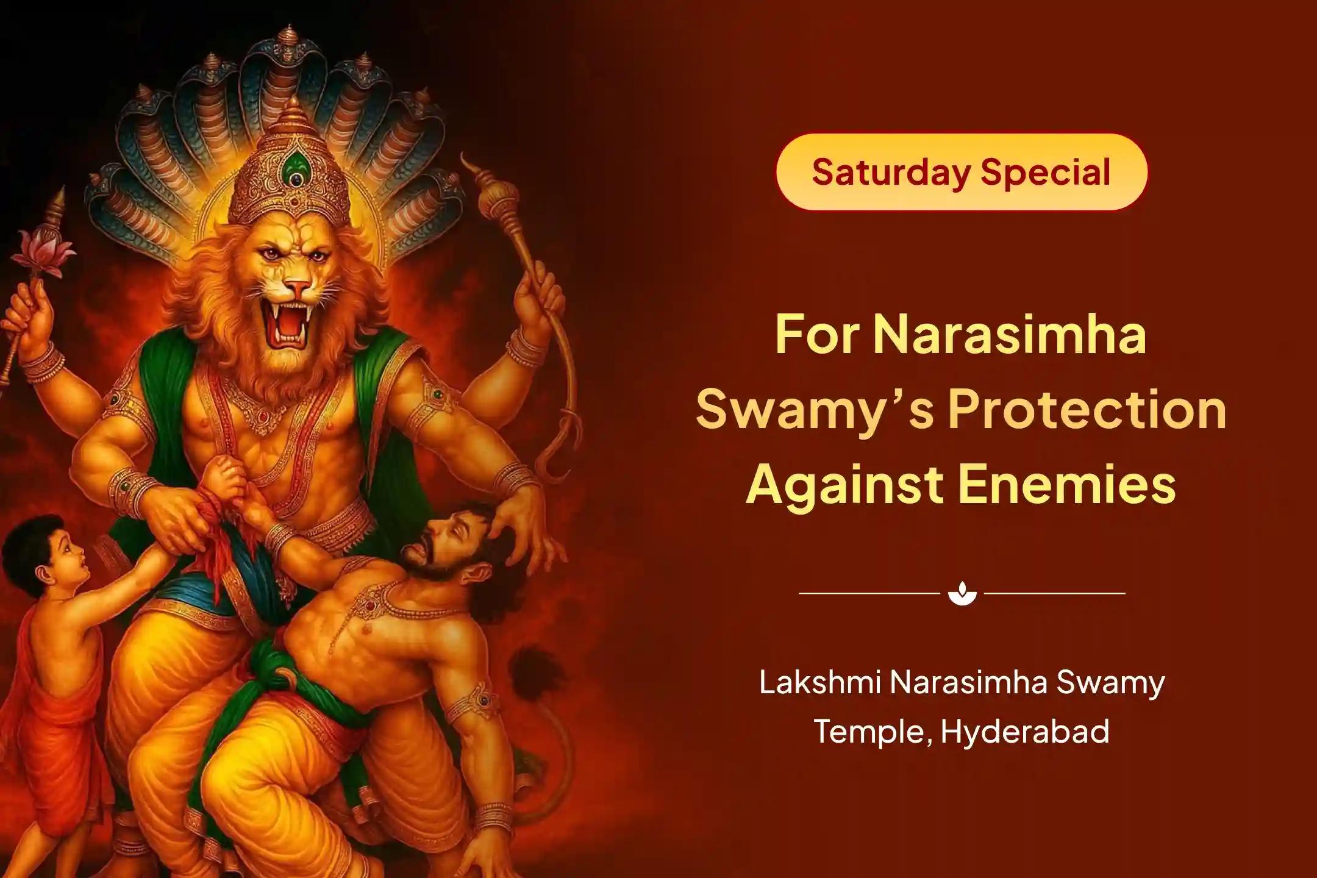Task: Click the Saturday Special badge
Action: pos(961,173)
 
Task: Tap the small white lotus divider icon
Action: pos(962,593)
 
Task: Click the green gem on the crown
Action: pos(296,165)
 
